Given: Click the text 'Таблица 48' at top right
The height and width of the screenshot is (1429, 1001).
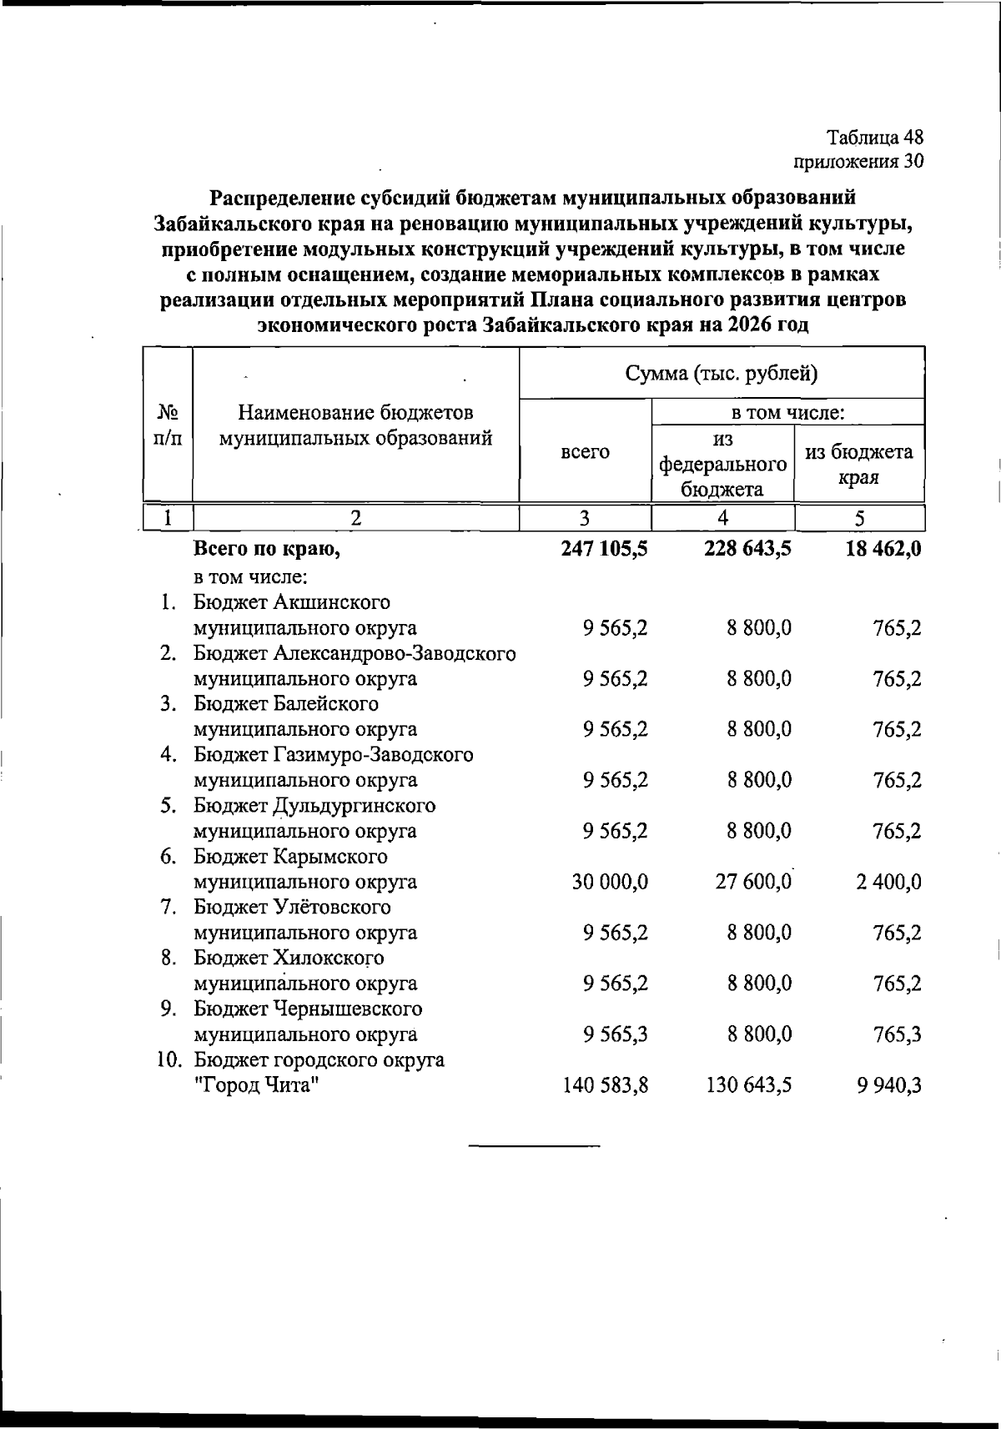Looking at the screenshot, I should [x=875, y=138].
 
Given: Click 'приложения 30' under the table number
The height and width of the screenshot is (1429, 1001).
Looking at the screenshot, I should [x=858, y=161].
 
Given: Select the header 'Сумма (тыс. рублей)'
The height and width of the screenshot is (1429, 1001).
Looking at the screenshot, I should [x=722, y=373].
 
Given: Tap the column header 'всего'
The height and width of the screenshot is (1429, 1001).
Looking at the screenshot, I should [x=585, y=451].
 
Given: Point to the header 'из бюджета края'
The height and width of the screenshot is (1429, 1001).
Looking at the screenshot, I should [x=858, y=465].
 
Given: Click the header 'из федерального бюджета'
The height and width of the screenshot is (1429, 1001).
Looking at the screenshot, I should [x=722, y=464].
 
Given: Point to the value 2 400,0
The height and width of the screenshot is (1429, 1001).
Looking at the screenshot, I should [x=888, y=882].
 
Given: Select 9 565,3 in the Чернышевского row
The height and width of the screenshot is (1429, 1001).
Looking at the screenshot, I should [x=616, y=1034].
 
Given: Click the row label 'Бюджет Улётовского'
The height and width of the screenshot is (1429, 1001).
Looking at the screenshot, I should [x=292, y=907].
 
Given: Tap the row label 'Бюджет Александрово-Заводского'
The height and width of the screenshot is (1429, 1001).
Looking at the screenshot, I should [x=355, y=653].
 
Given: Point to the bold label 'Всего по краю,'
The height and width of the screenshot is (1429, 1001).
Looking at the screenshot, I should [x=268, y=549].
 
